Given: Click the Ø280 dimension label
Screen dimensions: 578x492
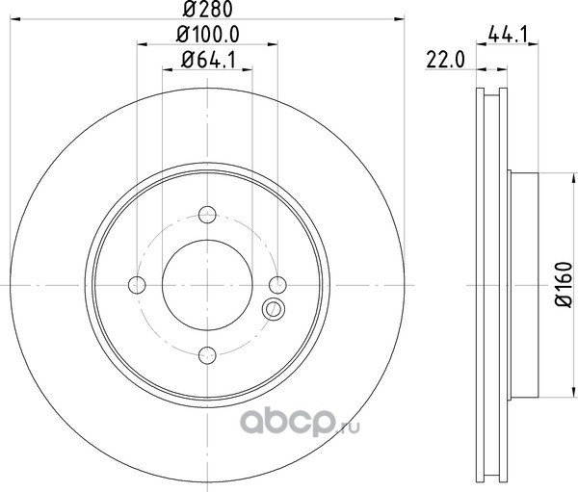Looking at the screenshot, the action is (x=208, y=9).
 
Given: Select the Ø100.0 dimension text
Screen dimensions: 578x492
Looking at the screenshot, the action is (x=208, y=35).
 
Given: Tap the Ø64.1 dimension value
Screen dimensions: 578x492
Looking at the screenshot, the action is (x=208, y=60).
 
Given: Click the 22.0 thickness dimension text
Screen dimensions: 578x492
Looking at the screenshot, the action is (x=445, y=60).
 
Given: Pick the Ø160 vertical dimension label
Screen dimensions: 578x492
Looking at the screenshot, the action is (x=564, y=285).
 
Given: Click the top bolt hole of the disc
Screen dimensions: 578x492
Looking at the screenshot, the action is (x=207, y=215).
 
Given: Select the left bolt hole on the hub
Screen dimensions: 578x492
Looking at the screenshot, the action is (x=137, y=285).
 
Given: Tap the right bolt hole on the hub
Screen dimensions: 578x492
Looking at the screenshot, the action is (x=277, y=285).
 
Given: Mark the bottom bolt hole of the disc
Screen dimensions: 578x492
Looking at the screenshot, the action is (x=207, y=355).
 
